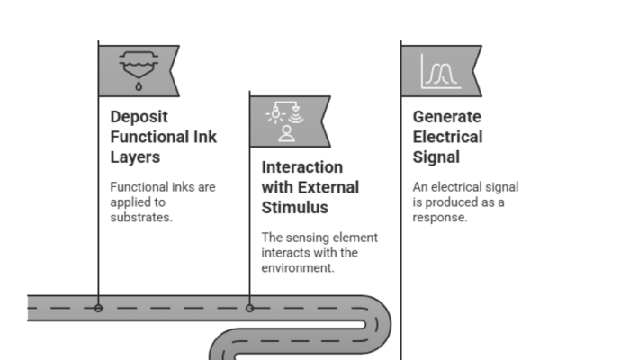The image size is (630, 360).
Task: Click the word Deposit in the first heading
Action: click(139, 117)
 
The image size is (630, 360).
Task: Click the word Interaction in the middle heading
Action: click(302, 167)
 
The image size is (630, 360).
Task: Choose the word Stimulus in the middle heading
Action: click(295, 208)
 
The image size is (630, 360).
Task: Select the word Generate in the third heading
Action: click(447, 117)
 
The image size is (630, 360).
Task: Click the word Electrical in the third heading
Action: click(447, 137)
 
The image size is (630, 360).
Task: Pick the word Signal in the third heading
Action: click(436, 157)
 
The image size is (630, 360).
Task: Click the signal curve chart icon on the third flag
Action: click(440, 70)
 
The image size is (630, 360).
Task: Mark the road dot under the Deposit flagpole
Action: click(98, 308)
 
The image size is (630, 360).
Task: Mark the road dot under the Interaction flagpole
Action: click(249, 308)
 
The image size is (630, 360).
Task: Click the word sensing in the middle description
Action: click(310, 238)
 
